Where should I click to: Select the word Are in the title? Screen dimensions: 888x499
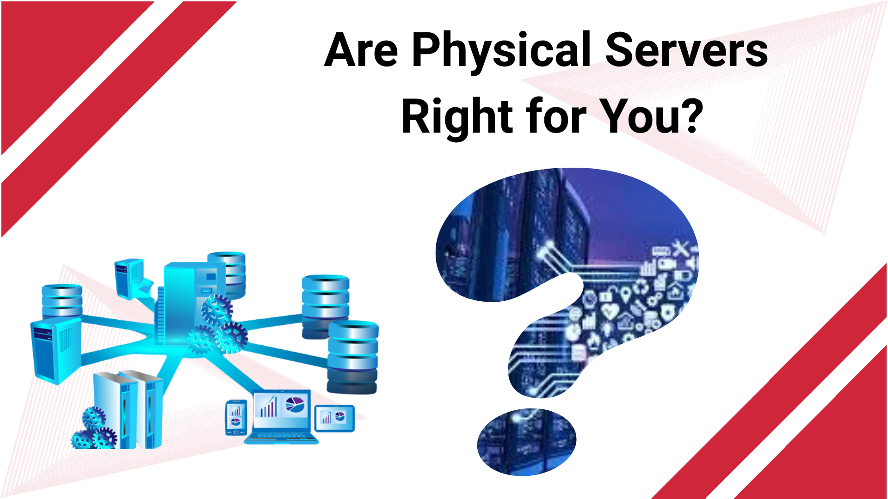361,50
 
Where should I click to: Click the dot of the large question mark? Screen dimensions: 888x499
527,442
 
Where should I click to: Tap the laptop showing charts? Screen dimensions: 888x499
281,417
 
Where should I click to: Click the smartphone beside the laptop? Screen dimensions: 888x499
236,418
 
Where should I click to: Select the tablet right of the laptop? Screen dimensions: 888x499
334,418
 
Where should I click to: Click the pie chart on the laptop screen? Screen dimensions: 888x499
295,405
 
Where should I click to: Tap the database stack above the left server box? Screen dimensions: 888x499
62,301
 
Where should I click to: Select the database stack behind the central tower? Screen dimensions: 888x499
227,275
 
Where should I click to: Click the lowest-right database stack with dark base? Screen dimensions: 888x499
353,357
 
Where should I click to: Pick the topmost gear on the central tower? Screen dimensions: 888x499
216,310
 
